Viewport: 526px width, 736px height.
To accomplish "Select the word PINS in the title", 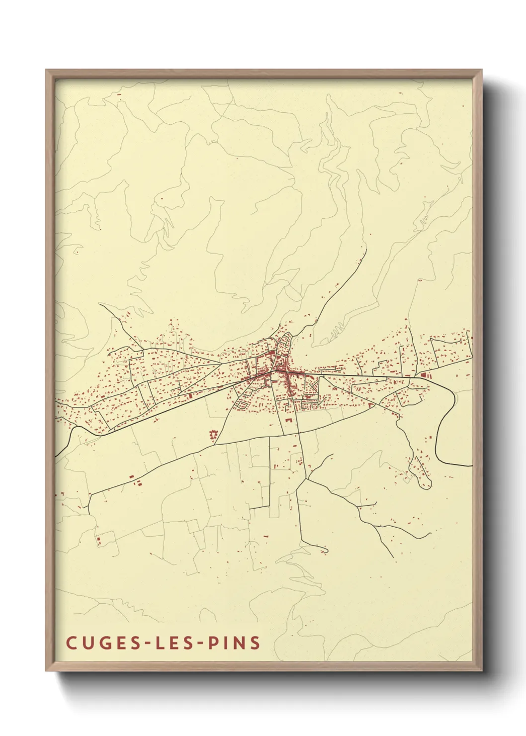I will click(x=234, y=643).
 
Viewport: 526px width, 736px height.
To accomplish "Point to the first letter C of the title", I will click(x=71, y=643).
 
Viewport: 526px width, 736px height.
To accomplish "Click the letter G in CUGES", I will click(x=103, y=643).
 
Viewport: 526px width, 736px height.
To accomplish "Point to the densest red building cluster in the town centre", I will click(x=281, y=369).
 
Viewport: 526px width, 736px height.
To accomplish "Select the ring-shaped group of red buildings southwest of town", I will click(x=213, y=435).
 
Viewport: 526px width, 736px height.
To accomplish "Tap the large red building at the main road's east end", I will click(x=424, y=375).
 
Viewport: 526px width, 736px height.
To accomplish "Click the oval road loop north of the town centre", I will click(x=285, y=343).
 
